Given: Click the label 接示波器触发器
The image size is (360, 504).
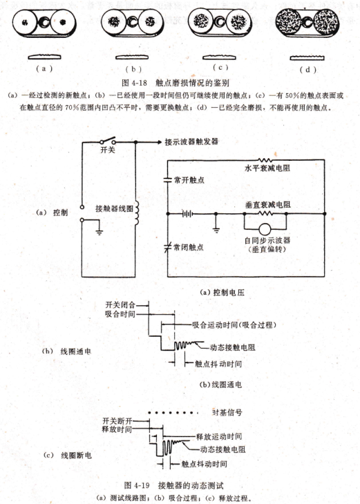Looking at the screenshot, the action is [191, 142].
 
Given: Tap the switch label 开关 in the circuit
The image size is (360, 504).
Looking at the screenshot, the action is [108, 150].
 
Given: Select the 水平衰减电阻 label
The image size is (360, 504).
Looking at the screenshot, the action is [267, 168].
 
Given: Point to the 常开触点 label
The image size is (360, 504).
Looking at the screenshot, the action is [189, 180].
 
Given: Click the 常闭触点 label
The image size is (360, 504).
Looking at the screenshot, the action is [189, 247].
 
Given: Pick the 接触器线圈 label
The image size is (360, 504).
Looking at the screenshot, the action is [114, 209].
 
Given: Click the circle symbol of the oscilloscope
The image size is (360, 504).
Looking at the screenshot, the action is [265, 229].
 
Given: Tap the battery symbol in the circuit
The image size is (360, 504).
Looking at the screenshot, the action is [187, 213].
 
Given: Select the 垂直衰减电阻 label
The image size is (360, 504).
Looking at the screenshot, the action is [267, 204].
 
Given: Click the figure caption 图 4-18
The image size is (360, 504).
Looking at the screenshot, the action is [135, 83].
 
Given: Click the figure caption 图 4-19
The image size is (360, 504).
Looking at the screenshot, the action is [137, 485].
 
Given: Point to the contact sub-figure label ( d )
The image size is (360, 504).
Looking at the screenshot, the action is [308, 70].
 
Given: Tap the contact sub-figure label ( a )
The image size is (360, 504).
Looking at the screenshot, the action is [44, 68].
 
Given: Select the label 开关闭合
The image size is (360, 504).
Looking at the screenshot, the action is [120, 304].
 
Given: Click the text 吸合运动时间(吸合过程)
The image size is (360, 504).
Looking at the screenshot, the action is [234, 324].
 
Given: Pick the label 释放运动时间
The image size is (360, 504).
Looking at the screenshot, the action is [219, 436].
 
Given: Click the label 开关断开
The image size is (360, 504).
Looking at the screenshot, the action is [117, 420].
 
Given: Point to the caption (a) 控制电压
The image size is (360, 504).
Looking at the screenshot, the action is [222, 292].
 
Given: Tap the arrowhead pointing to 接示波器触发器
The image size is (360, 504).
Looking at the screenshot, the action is [159, 142].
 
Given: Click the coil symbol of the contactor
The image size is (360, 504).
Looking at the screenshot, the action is [137, 213].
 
